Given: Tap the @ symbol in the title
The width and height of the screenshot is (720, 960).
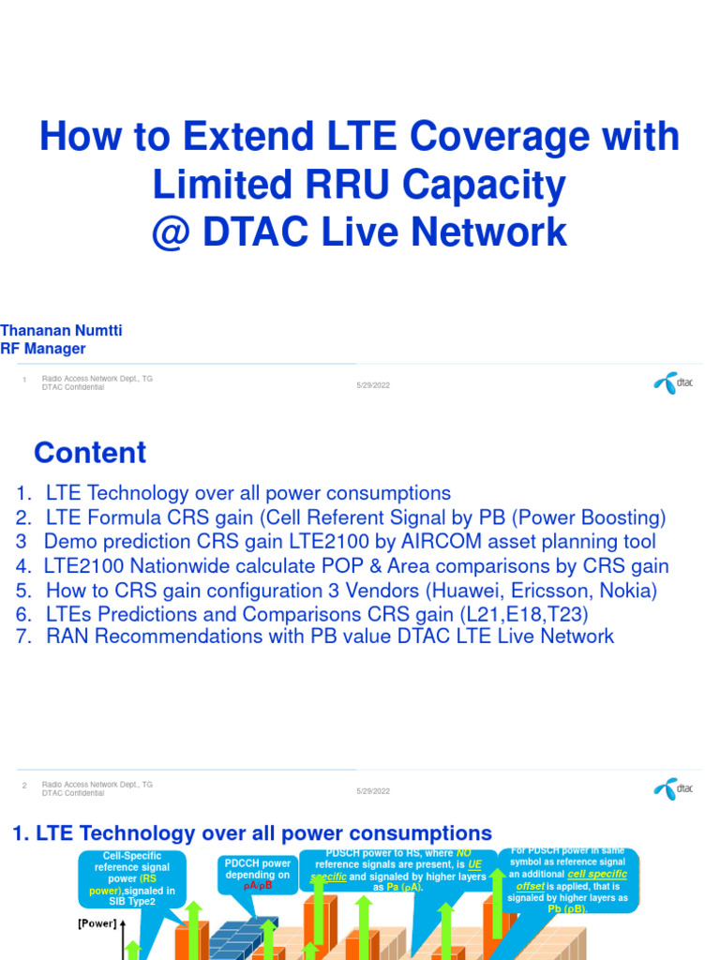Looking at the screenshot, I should coord(172,232).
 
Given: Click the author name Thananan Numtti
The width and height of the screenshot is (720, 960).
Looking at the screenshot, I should coord(62,331).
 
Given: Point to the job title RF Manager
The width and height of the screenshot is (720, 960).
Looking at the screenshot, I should coord(43,349).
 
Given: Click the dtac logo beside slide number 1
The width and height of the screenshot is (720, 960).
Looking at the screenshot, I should coord(673,383).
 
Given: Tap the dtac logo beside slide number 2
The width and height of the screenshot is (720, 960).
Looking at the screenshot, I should coord(673,788).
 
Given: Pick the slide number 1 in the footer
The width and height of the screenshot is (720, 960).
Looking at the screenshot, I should coord(24,380).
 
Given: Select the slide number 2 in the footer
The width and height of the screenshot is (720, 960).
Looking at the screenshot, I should coord(24,786).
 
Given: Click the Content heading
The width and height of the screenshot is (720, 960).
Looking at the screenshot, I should coord(90,453).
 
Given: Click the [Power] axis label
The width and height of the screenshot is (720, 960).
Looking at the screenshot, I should coord(97,923).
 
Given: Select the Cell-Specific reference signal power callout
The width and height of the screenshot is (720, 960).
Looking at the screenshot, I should coord(133,878).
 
